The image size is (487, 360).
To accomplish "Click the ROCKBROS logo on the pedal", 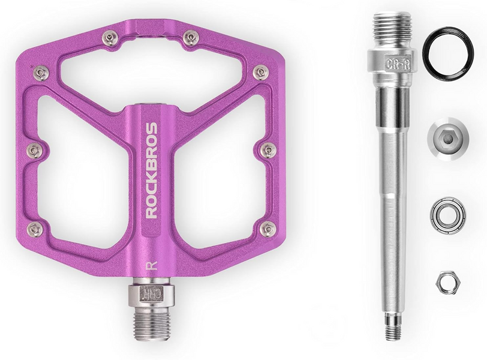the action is (152, 170).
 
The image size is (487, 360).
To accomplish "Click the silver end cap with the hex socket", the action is (447, 139).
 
